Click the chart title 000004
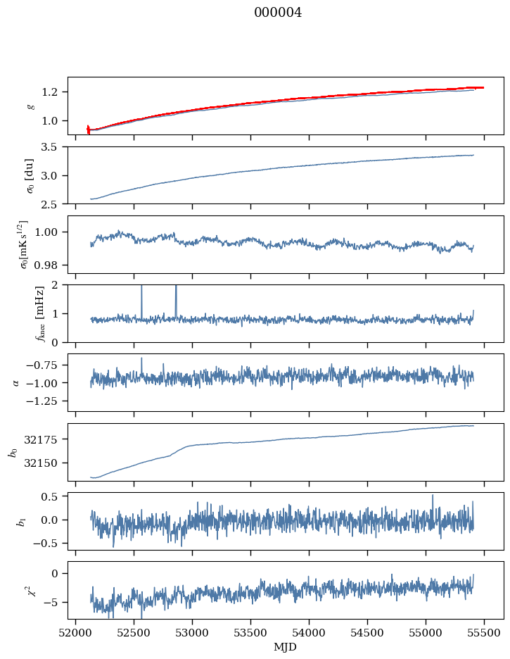pyautogui.click(x=278, y=13)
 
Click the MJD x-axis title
pyautogui.click(x=286, y=647)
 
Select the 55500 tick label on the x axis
pyautogui.click(x=484, y=632)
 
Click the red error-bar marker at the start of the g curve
pyautogui.click(x=88, y=129)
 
